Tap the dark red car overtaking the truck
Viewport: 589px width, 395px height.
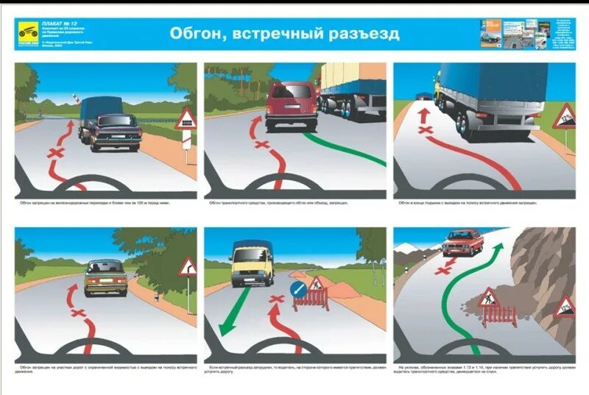click(x=291, y=105)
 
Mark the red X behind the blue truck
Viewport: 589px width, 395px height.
click(x=425, y=131)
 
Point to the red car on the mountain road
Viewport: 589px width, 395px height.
click(x=462, y=242)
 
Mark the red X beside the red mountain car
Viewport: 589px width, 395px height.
click(x=442, y=270)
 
